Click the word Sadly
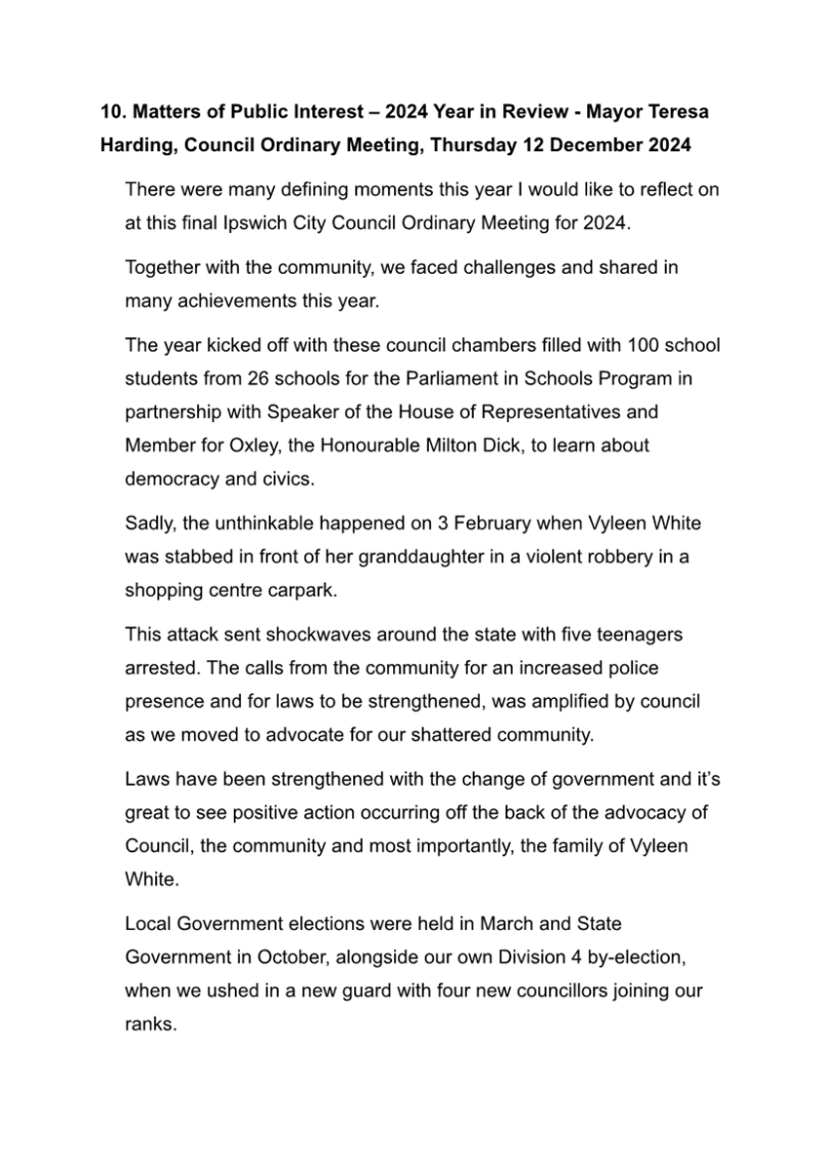(x=148, y=524)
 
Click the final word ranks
(x=150, y=1024)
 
